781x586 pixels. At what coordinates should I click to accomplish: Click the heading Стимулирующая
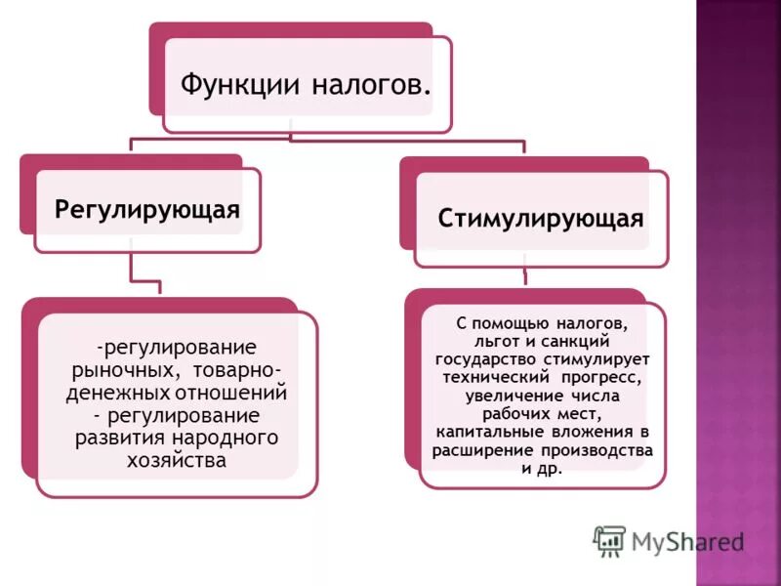tap(541, 217)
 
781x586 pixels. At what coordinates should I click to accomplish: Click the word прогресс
tap(600, 376)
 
